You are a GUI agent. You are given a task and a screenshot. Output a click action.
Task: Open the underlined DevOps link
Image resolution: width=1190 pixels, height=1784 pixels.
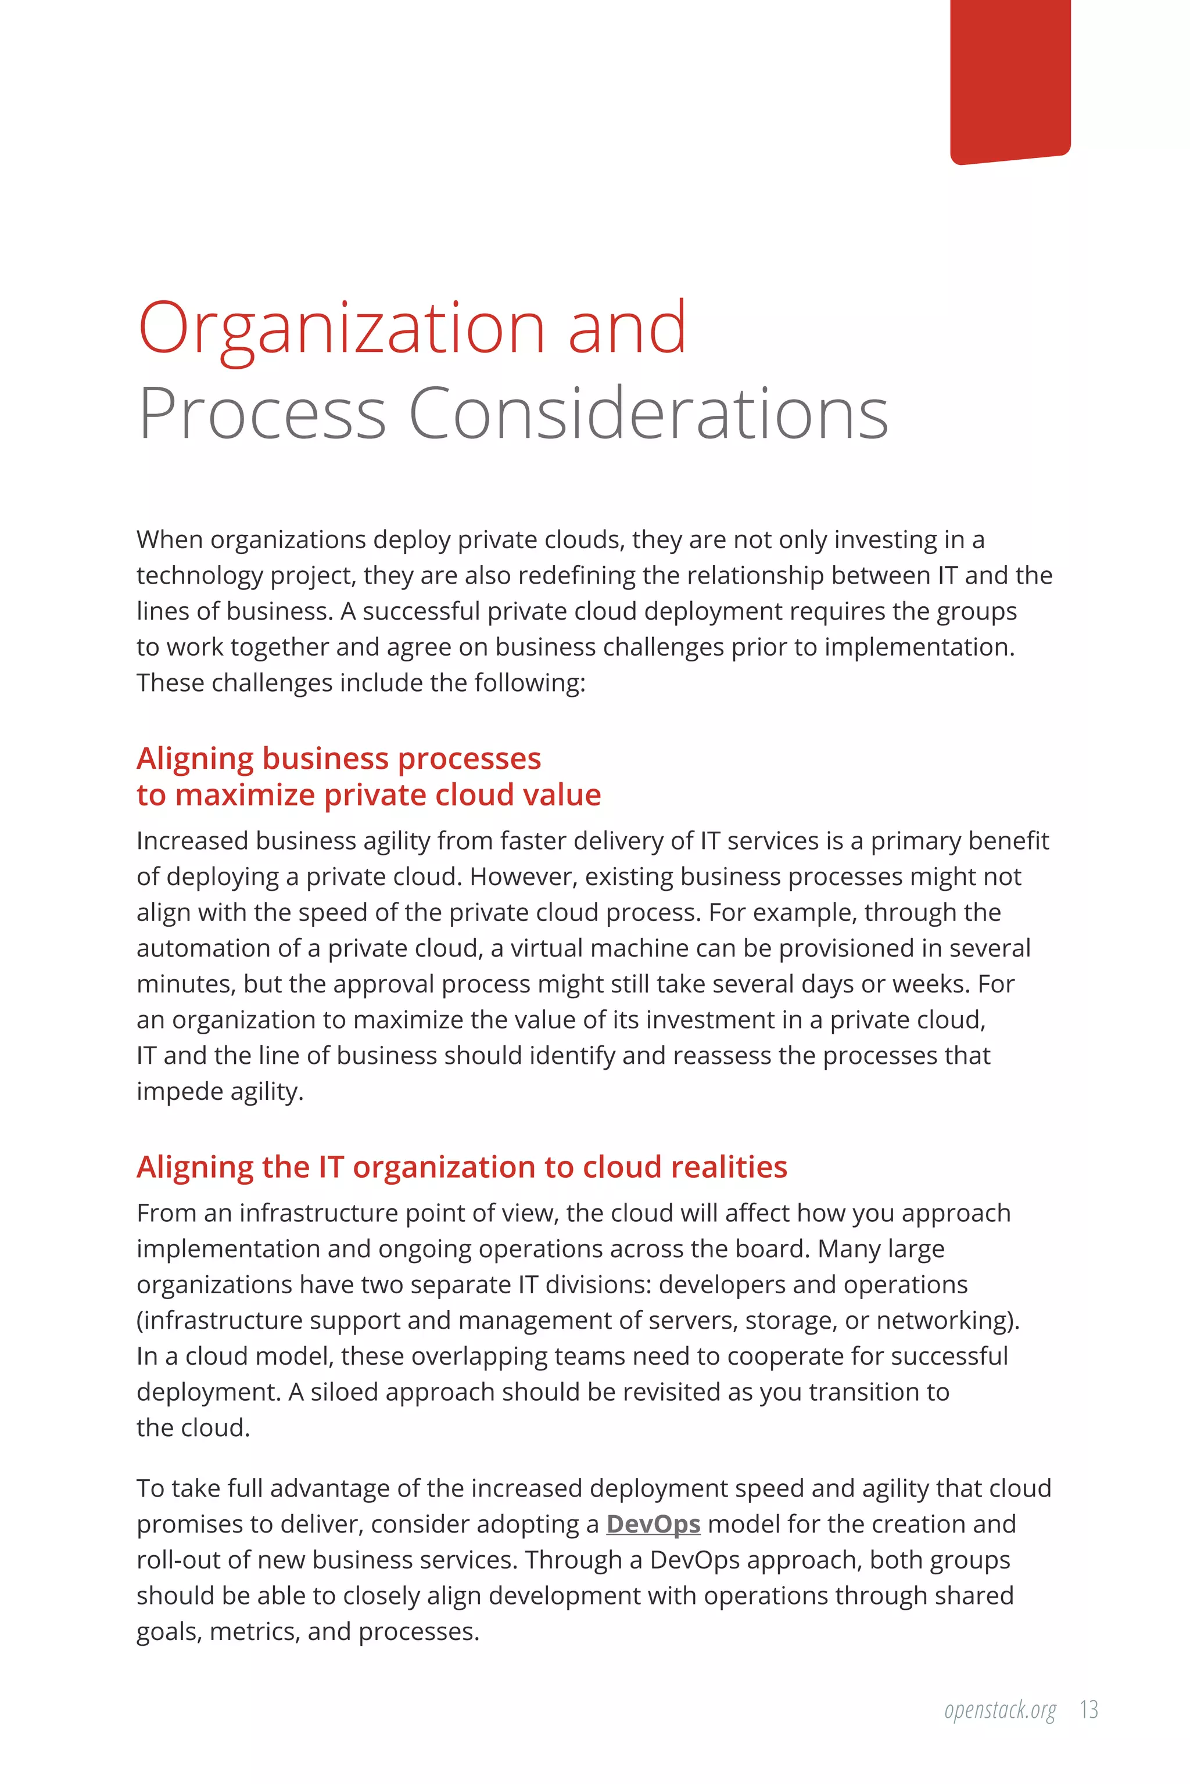[653, 1524]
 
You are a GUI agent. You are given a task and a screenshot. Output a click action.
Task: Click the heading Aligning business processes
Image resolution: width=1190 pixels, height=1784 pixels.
[339, 758]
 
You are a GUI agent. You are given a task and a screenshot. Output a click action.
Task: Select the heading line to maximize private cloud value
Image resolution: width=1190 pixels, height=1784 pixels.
[369, 795]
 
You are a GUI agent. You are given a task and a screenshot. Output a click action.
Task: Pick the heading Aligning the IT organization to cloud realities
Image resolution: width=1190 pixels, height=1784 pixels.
[461, 1167]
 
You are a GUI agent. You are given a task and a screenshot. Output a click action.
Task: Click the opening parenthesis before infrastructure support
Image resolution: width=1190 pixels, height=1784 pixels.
[139, 1321]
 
